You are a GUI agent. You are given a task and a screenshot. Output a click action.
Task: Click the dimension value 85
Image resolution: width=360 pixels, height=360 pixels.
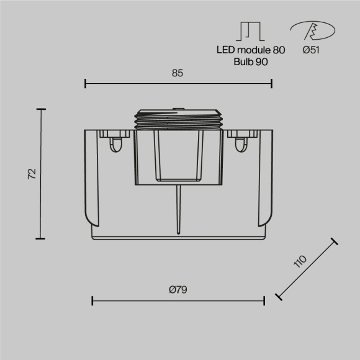pyautogui.click(x=178, y=73)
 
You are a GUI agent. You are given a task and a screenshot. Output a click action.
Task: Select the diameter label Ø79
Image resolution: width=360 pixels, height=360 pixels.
pyautogui.click(x=178, y=289)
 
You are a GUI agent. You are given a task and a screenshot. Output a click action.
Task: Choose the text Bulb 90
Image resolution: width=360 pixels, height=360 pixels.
pyautogui.click(x=251, y=62)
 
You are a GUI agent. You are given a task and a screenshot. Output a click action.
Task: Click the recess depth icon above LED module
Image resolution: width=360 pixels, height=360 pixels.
pyautogui.click(x=251, y=32)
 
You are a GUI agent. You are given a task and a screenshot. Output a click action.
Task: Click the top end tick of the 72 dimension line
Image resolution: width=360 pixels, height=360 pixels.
pyautogui.click(x=42, y=109)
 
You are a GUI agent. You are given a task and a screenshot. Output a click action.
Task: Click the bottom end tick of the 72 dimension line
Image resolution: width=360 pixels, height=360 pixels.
pyautogui.click(x=42, y=238)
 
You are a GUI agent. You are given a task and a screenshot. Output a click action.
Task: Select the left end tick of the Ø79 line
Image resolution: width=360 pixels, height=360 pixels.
pyautogui.click(x=92, y=300)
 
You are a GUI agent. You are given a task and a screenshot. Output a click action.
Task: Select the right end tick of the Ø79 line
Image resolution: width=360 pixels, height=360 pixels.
pyautogui.click(x=264, y=300)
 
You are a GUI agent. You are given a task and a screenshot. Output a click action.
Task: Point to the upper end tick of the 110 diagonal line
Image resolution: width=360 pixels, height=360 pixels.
pyautogui.click(x=334, y=241)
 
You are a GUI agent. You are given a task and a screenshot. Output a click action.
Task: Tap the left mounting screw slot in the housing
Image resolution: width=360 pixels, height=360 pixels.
pyautogui.click(x=115, y=145)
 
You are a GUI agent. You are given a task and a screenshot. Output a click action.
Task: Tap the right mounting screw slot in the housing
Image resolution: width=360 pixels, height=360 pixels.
pyautogui.click(x=241, y=145)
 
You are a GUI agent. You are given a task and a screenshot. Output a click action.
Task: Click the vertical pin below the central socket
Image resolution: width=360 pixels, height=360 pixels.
pyautogui.click(x=178, y=208)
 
